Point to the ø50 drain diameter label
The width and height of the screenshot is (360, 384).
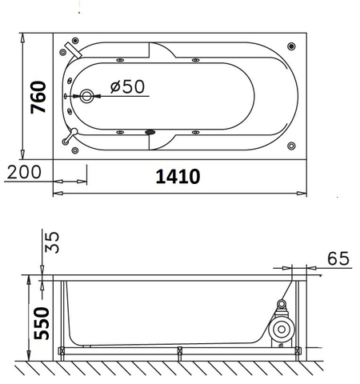point(127,86)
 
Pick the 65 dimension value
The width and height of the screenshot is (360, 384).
point(338,258)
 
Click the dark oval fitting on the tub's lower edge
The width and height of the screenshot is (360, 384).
point(149,133)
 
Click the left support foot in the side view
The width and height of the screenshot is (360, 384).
point(63,350)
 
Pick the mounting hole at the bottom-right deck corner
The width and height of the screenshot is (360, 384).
point(290,145)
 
